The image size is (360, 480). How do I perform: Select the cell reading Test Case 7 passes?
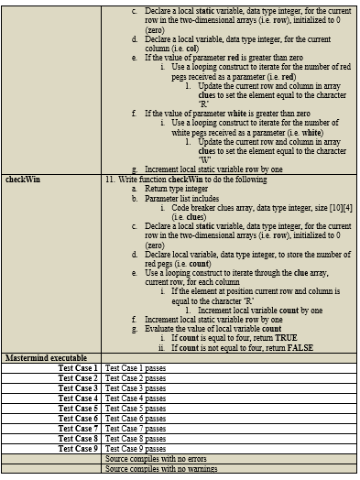136,428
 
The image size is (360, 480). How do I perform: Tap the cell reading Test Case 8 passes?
136,439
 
